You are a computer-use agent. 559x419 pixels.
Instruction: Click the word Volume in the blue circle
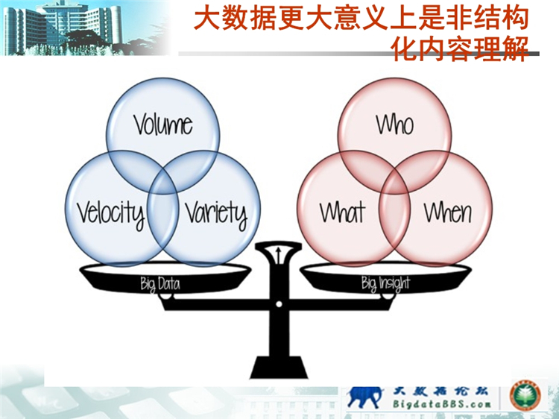pyautogui.click(x=163, y=125)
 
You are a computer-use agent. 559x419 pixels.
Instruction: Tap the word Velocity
pyautogui.click(x=111, y=214)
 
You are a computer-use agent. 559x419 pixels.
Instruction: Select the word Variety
pyautogui.click(x=216, y=214)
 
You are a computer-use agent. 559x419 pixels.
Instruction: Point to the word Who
pyautogui.click(x=395, y=125)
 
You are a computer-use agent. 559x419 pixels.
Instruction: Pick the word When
pyautogui.click(x=448, y=212)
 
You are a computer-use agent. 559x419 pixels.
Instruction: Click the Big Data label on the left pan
pyautogui.click(x=160, y=284)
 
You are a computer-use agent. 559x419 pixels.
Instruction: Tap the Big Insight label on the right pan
pyautogui.click(x=386, y=284)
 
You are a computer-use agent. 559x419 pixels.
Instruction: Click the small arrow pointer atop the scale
pyautogui.click(x=279, y=253)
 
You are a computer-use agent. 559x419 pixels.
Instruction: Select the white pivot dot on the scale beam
pyautogui.click(x=279, y=304)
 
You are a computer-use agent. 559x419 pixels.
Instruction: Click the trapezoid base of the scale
pyautogui.click(x=279, y=367)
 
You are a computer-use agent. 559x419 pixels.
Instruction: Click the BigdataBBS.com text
pyautogui.click(x=442, y=404)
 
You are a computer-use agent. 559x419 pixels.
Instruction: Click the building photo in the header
pyautogui.click(x=86, y=28)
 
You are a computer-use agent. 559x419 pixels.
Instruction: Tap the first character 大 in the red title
pyautogui.click(x=206, y=19)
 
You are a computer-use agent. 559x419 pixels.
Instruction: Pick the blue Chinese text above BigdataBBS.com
pyautogui.click(x=440, y=391)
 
